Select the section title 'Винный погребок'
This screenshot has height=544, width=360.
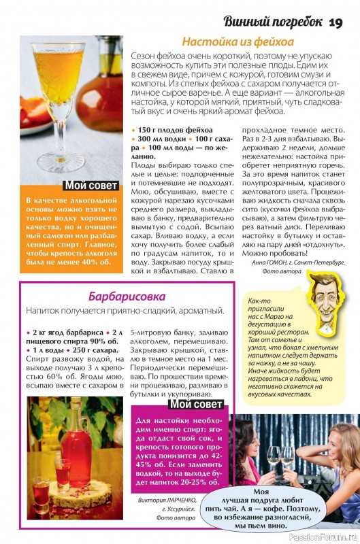click(x=273, y=21)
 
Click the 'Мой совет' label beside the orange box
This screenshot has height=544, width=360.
click(x=92, y=186)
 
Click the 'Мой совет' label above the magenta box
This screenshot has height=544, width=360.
click(x=197, y=404)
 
